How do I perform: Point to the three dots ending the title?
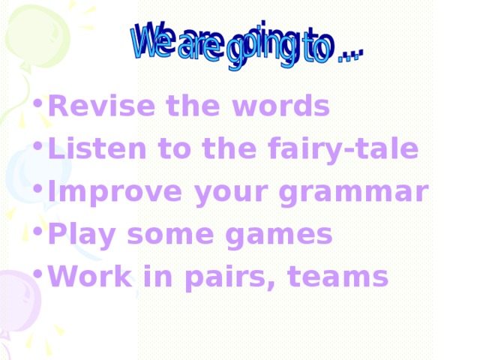click(x=349, y=53)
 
